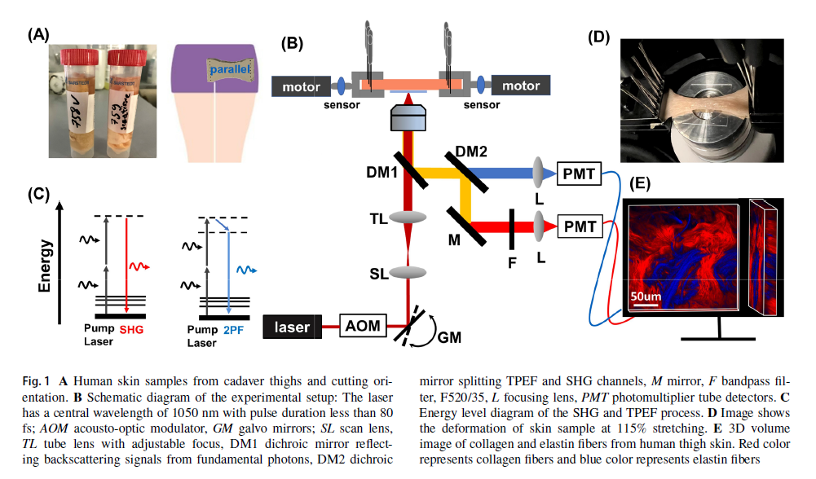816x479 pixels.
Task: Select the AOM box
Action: [x=362, y=326]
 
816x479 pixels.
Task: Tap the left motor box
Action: [x=301, y=85]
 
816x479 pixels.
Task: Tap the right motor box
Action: [x=520, y=85]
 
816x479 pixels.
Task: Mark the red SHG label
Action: [x=131, y=330]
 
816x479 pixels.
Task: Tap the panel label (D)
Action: [x=598, y=36]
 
